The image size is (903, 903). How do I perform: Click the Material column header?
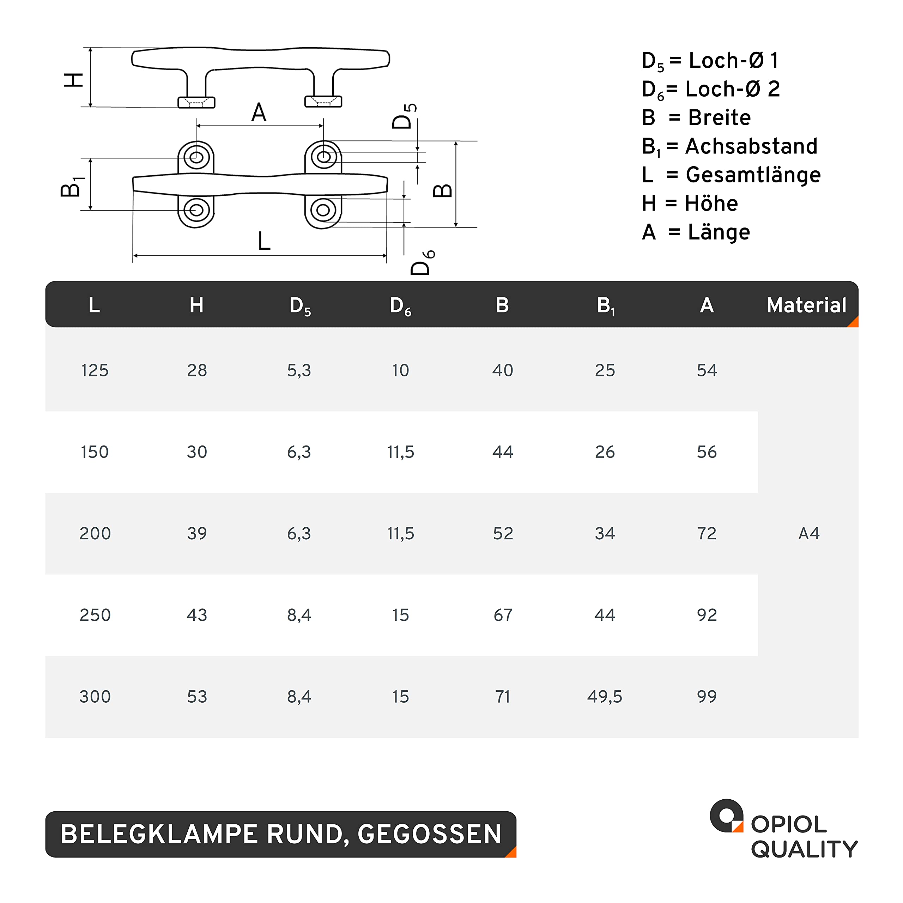(x=806, y=305)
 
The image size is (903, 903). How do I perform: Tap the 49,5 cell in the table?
(x=605, y=696)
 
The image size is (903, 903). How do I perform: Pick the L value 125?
(x=95, y=370)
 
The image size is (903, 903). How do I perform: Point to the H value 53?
(x=197, y=696)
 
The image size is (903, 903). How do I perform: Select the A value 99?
(x=707, y=696)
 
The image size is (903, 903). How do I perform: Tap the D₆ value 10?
(x=401, y=370)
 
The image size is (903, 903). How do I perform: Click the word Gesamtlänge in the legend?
(x=753, y=175)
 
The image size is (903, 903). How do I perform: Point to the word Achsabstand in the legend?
(x=751, y=146)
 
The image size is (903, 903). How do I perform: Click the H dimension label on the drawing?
(x=73, y=80)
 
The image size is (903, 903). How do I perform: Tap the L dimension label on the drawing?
(x=264, y=241)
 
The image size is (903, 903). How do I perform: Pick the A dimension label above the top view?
(x=259, y=113)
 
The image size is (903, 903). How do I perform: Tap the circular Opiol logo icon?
(x=726, y=816)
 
